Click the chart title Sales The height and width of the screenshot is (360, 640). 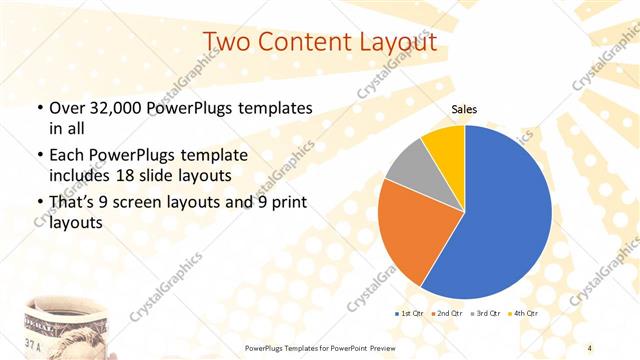(x=465, y=108)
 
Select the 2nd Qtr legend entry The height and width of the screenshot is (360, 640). (x=446, y=314)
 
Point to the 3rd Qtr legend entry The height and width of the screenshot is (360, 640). (x=486, y=314)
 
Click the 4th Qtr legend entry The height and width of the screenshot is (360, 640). (x=525, y=314)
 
